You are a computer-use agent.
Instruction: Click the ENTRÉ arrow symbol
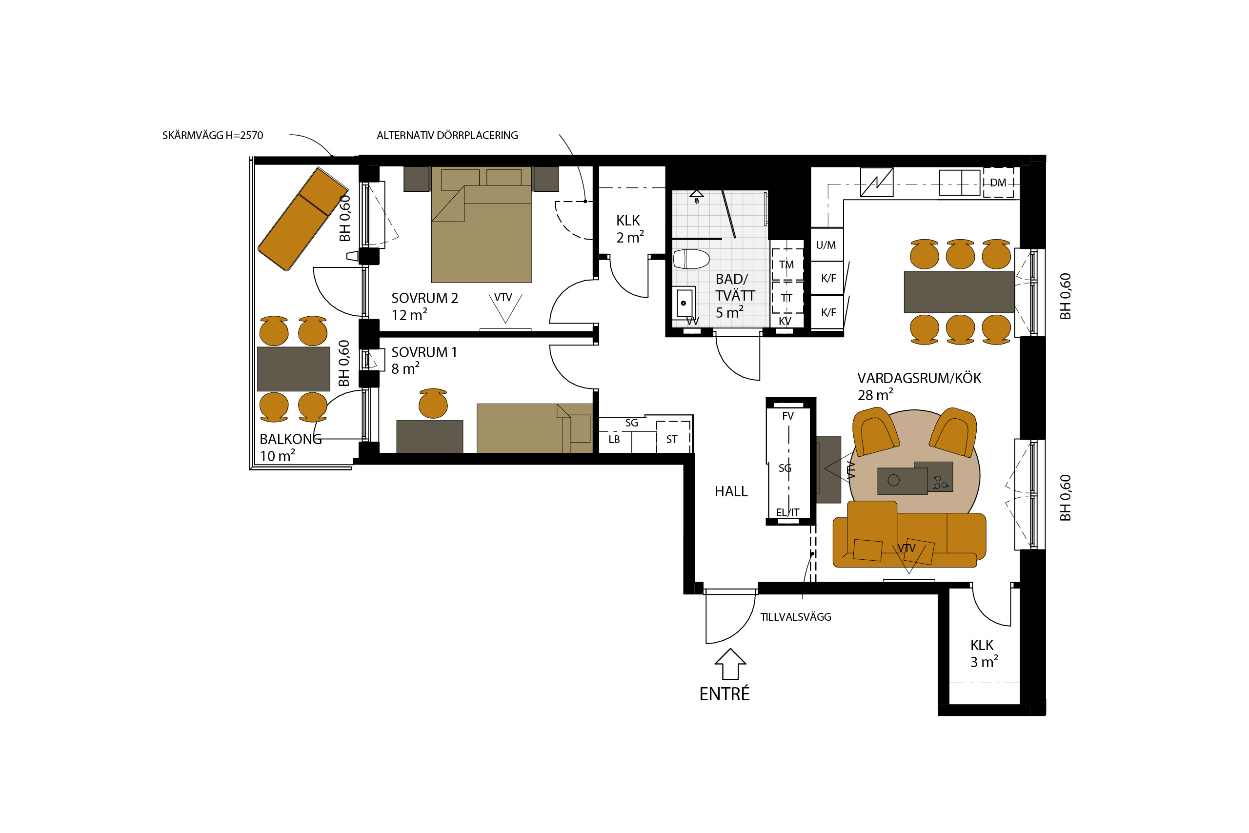pos(730,664)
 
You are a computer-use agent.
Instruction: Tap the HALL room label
pos(731,491)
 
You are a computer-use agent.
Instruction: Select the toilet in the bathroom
pos(691,259)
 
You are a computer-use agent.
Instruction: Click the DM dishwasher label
pos(998,183)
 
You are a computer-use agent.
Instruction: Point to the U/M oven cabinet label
pos(826,245)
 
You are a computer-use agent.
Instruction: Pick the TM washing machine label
pos(786,264)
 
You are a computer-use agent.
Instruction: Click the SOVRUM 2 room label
pos(424,298)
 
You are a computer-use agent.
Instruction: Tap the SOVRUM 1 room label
pos(424,352)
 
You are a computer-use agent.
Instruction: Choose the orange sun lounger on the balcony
pos(302,219)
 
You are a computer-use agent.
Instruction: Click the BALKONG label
pos(290,439)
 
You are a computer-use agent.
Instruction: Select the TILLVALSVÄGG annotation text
pos(795,617)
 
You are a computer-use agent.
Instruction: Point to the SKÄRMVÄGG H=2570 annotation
pos(212,136)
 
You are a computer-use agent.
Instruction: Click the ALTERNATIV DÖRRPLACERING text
pos(447,136)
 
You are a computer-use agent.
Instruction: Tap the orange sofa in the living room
pos(909,534)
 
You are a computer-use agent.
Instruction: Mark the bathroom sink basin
pos(684,303)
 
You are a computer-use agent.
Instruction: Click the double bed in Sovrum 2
pos(481,224)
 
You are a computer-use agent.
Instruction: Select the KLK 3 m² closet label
pos(984,653)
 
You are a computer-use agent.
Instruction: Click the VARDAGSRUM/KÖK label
pos(919,378)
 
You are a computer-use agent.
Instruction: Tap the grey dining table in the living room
pos(959,292)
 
